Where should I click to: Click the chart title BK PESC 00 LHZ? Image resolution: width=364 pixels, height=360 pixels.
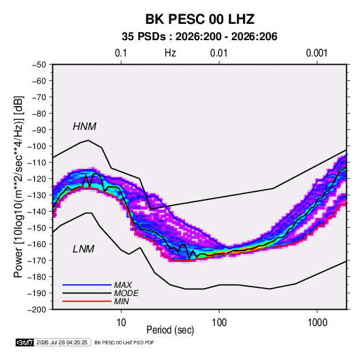click(200, 19)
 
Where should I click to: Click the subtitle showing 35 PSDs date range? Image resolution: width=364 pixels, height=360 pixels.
click(199, 37)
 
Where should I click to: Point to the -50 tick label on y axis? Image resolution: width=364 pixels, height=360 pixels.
click(39, 65)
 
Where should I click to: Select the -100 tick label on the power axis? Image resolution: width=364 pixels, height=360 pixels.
click(37, 146)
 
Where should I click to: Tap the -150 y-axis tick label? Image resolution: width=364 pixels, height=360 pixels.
click(37, 228)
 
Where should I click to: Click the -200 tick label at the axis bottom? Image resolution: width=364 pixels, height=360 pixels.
click(37, 310)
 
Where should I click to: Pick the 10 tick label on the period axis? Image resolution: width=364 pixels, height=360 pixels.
click(121, 323)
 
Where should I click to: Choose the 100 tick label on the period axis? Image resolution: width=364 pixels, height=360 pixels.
click(219, 323)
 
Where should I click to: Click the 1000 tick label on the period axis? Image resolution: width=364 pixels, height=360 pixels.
click(317, 323)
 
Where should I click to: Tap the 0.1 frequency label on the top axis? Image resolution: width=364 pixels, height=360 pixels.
click(121, 53)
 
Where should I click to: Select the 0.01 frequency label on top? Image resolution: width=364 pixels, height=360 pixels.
click(218, 53)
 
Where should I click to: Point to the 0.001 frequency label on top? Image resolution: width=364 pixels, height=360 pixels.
click(316, 53)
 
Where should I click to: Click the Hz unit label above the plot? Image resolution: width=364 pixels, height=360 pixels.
click(170, 53)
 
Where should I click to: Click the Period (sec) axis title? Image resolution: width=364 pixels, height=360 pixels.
click(170, 330)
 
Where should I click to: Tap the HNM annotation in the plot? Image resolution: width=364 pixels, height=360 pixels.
click(84, 127)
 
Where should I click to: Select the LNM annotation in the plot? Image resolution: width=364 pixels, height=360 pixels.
click(84, 249)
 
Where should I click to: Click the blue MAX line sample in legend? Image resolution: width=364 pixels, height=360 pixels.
click(87, 285)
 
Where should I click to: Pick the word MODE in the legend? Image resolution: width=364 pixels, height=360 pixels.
click(126, 293)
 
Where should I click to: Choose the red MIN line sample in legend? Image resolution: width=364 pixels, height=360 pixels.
click(87, 301)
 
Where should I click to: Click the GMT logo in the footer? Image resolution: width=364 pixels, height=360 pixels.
click(25, 342)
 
